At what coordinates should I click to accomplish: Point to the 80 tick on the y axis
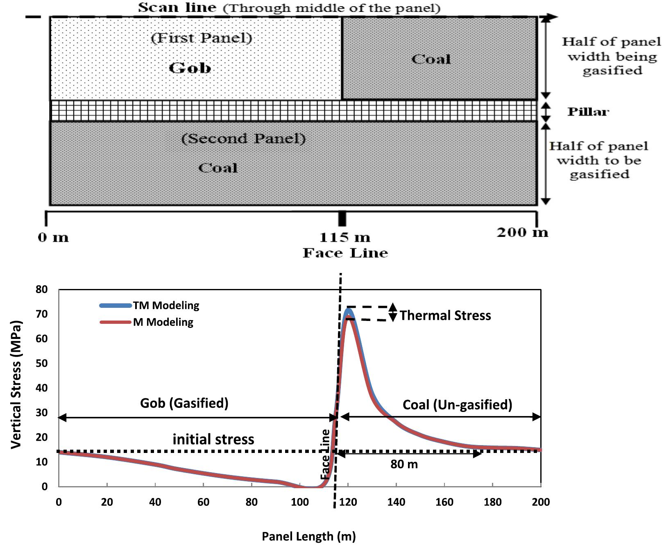[42, 289]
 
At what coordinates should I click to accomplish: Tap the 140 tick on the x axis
[396, 502]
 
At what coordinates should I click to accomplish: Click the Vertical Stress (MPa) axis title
[16, 384]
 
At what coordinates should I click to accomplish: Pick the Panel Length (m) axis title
[308, 536]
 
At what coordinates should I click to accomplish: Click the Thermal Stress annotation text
[445, 315]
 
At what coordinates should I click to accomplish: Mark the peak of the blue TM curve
[349, 309]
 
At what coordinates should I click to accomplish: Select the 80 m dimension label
[404, 464]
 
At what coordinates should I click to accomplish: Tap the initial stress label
[213, 439]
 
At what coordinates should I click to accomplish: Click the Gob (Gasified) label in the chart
[184, 403]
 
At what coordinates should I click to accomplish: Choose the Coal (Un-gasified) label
[457, 405]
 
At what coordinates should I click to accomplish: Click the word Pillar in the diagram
[588, 111]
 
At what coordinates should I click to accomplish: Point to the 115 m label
[344, 237]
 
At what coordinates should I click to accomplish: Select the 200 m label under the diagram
[522, 232]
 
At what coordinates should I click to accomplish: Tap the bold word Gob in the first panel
[190, 68]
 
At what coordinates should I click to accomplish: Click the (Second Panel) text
[243, 139]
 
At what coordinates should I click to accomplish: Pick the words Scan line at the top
[177, 7]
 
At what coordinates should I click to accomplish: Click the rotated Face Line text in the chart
[325, 454]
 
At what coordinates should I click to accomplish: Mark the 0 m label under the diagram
[53, 237]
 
